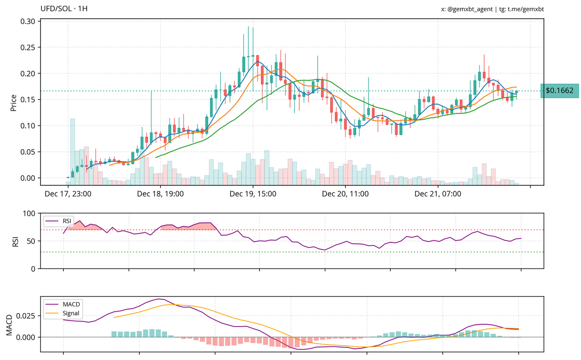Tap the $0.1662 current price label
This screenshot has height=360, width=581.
pyautogui.click(x=559, y=90)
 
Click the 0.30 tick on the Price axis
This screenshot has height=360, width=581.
pyautogui.click(x=28, y=21)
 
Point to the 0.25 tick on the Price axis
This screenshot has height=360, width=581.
pyautogui.click(x=28, y=47)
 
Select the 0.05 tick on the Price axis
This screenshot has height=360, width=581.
pyautogui.click(x=28, y=152)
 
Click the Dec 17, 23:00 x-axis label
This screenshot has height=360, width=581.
pyautogui.click(x=68, y=195)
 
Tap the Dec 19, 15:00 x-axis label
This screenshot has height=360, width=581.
pyautogui.click(x=253, y=195)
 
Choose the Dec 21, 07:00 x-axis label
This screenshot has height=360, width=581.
pyautogui.click(x=438, y=195)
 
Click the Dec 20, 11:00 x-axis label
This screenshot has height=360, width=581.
pyautogui.click(x=345, y=195)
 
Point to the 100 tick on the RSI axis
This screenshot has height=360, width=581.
pyautogui.click(x=30, y=213)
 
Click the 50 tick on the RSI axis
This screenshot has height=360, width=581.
pyautogui.click(x=31, y=241)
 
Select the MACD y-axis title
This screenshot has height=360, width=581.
pyautogui.click(x=9, y=323)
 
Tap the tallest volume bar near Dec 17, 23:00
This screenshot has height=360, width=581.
pyautogui.click(x=72, y=150)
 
